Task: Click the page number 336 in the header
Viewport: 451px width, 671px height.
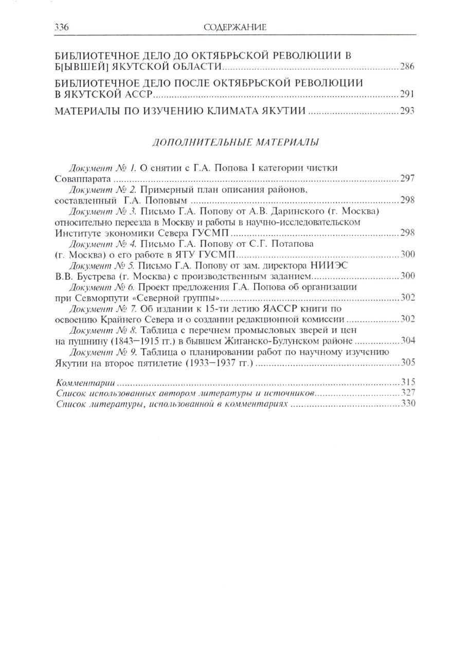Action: click(62, 27)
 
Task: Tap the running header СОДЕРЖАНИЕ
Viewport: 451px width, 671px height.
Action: click(235, 27)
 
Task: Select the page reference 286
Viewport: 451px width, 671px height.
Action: click(407, 67)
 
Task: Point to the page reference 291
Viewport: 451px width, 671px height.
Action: click(407, 95)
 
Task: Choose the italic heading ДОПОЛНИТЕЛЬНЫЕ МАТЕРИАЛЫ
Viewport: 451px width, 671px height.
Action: click(236, 142)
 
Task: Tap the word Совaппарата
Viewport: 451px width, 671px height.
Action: click(82, 179)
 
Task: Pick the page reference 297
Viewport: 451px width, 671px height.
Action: click(407, 179)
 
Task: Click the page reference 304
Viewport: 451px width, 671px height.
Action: click(407, 341)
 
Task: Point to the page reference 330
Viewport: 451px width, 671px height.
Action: click(407, 404)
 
